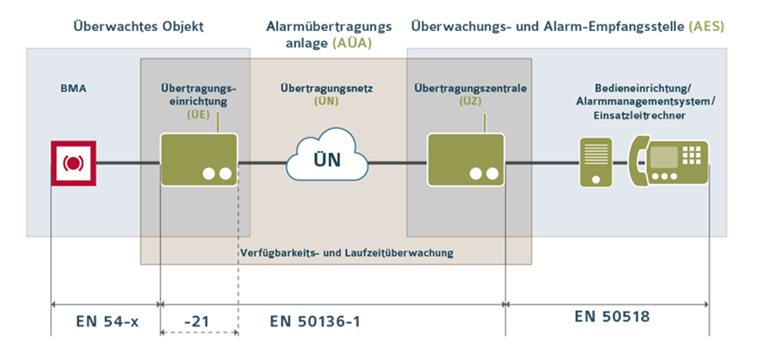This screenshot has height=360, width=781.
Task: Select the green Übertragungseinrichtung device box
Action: pos(199,160)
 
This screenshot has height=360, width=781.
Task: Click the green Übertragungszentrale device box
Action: pos(464,160)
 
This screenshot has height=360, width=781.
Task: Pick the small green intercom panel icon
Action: pos(595,162)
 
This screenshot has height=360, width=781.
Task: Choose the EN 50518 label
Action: pos(612,317)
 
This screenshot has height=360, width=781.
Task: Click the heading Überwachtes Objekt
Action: pos(139,27)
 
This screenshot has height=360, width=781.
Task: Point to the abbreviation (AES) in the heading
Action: pos(706,27)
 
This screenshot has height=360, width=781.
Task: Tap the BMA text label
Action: pos(73,88)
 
